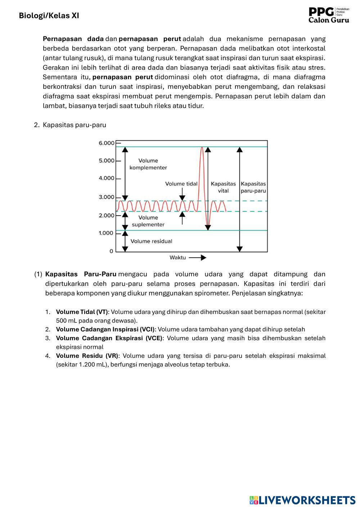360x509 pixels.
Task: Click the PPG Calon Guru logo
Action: click(x=329, y=15)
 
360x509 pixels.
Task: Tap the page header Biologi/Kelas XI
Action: click(x=49, y=15)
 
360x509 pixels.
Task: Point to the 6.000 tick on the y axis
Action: click(x=107, y=143)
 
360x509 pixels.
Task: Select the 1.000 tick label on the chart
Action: click(x=106, y=233)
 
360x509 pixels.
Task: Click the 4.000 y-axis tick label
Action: click(x=107, y=178)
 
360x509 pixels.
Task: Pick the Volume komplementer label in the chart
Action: click(x=148, y=164)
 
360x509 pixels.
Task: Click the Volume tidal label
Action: click(x=181, y=184)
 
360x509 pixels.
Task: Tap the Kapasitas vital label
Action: click(x=223, y=187)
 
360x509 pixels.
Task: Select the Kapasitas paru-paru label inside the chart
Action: click(x=253, y=187)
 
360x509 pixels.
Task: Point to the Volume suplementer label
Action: click(x=148, y=221)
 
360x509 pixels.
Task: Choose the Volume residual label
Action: click(x=151, y=241)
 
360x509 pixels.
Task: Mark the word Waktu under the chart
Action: click(x=177, y=258)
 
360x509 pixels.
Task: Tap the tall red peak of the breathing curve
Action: click(x=202, y=148)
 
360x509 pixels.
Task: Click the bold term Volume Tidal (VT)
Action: click(x=82, y=312)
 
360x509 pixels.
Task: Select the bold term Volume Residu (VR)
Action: click(x=87, y=356)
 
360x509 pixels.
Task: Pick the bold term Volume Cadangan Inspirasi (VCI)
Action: click(x=105, y=329)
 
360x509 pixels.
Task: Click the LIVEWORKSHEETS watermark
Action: click(x=302, y=500)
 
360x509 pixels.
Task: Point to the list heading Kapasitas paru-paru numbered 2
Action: click(x=74, y=125)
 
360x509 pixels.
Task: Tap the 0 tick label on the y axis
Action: click(x=111, y=251)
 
